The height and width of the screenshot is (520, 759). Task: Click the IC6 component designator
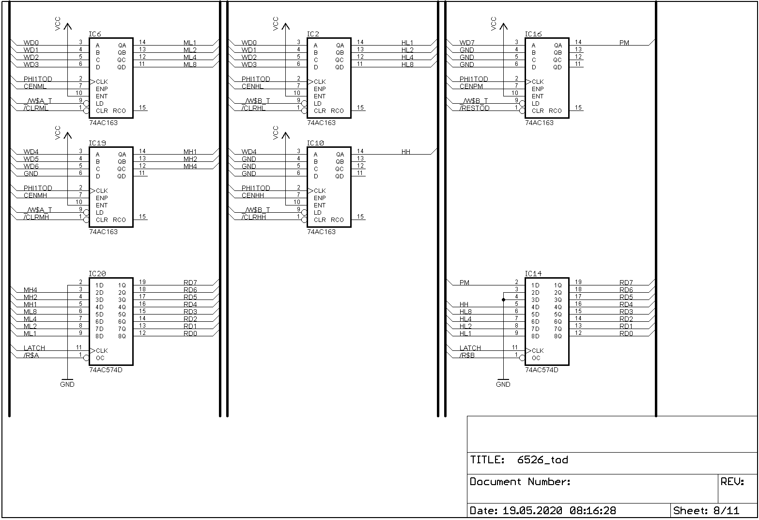95,34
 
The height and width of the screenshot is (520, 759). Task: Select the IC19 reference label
97,143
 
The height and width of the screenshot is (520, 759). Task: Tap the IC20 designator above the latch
97,274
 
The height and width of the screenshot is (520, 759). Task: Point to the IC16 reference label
533,34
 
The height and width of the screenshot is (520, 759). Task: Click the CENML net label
35,86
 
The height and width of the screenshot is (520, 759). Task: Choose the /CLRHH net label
253,217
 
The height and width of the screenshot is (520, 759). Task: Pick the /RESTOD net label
474,108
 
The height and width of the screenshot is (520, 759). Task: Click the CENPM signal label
471,86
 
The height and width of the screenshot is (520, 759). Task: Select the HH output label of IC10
406,152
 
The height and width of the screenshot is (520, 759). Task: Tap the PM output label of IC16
624,43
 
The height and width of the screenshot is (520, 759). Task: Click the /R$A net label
31,355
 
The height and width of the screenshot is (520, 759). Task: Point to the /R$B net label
467,355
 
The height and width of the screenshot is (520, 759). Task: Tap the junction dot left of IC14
503,300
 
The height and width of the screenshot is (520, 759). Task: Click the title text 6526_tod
542,460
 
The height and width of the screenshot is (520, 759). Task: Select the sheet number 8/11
727,511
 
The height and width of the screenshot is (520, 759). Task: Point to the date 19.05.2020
532,511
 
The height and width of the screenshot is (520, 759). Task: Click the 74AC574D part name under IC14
542,370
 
